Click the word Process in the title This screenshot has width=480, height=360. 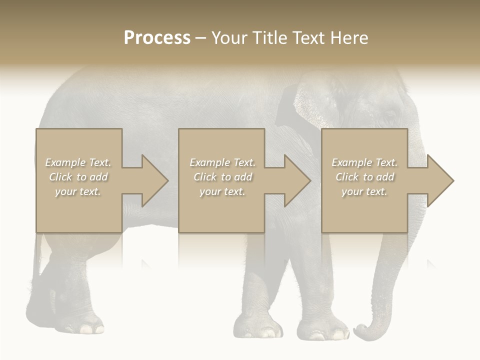[x=157, y=38]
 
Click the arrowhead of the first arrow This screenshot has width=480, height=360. [x=155, y=180]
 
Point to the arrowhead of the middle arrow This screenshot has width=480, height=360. [x=298, y=180]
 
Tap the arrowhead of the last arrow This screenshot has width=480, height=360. [x=441, y=180]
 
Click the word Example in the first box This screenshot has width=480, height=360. [x=65, y=162]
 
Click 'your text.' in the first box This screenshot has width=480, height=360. [x=78, y=191]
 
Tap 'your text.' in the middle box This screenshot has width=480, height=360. [x=222, y=191]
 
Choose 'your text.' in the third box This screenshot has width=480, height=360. [x=364, y=191]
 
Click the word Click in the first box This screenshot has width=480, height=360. [x=60, y=177]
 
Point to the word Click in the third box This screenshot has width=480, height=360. [x=347, y=177]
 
